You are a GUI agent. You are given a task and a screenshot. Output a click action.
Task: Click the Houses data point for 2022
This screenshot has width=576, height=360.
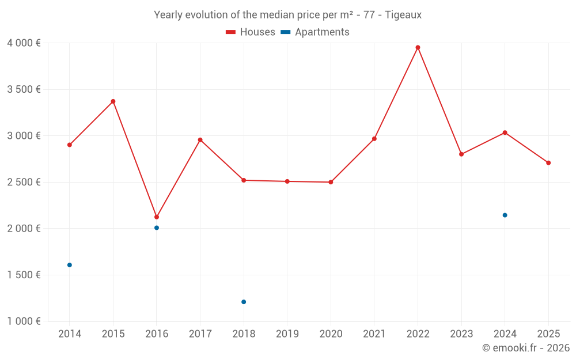tap(418, 47)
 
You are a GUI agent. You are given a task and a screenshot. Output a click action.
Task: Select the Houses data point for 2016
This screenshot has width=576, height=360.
tap(157, 217)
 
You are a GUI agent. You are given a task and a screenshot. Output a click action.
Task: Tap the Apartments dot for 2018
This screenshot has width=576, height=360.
tap(244, 302)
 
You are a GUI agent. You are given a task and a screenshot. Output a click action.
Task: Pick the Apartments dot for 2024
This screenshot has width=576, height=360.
tap(505, 215)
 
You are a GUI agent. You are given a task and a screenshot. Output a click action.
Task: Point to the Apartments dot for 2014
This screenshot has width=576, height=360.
tap(70, 265)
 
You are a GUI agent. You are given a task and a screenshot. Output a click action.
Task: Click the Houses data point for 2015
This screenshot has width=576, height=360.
tap(113, 101)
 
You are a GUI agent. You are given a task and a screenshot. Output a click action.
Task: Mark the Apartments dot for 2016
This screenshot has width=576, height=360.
tap(157, 228)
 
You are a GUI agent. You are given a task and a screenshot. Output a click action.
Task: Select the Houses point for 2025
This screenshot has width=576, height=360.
tap(548, 163)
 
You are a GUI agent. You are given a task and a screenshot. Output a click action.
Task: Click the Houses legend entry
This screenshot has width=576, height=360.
tap(251, 32)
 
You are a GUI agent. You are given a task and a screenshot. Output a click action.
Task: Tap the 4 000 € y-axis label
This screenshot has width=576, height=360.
tap(24, 43)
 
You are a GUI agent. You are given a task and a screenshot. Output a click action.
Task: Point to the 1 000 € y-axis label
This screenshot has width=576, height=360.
tap(24, 321)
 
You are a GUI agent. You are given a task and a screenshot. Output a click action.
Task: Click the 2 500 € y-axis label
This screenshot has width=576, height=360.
tap(24, 182)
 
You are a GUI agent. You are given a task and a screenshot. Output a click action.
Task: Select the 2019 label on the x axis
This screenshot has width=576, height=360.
tap(287, 334)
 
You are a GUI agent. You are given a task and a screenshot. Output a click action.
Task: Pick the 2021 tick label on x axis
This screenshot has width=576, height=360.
tap(374, 334)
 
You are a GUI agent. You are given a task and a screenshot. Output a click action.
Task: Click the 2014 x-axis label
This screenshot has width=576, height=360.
tap(70, 334)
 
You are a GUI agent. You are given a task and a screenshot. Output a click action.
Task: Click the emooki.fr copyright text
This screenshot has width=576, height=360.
tap(526, 348)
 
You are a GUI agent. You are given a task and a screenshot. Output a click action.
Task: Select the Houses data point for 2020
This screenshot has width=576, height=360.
tap(331, 182)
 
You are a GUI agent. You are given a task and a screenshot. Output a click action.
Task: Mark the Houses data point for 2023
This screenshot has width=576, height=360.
tap(461, 154)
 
